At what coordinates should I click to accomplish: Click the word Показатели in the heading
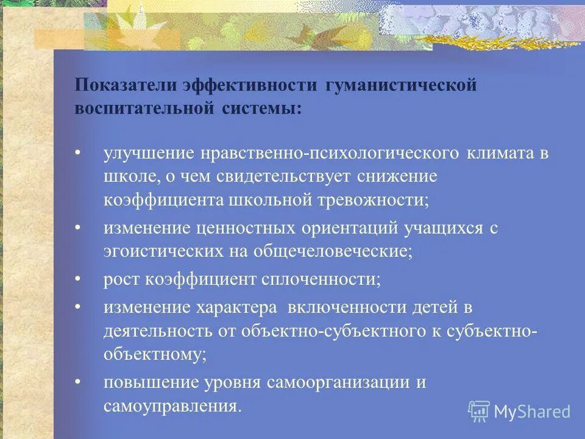pyautogui.click(x=126, y=85)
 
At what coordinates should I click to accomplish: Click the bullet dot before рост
pyautogui.click(x=78, y=279)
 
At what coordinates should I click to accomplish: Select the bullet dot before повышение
pyautogui.click(x=78, y=382)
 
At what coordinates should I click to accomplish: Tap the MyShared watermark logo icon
pyautogui.click(x=478, y=411)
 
